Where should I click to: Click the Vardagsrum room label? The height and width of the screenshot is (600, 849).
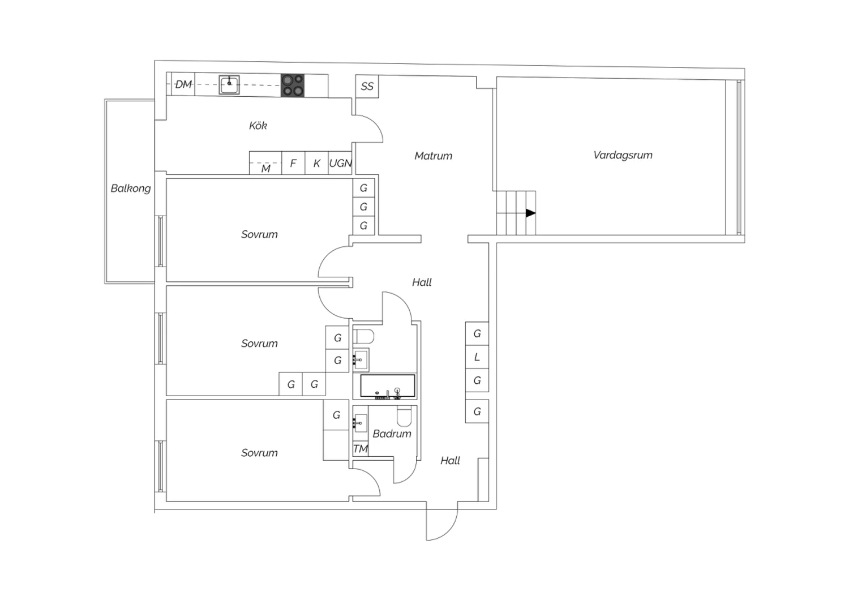[623, 155]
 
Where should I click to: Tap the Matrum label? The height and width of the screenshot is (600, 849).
[433, 156]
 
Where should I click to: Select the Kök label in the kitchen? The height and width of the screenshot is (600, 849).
[258, 126]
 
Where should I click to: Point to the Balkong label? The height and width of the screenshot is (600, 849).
[130, 188]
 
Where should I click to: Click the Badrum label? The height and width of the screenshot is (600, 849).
[392, 434]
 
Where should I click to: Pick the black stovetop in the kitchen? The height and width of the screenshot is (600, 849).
[292, 85]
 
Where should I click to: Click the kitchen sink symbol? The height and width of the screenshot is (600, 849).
[229, 84]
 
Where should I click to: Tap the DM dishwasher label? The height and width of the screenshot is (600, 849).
[183, 84]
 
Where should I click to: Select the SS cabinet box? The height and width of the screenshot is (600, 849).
[367, 87]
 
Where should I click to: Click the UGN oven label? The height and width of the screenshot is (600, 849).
[340, 164]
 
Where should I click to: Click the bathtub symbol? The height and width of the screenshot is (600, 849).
[387, 386]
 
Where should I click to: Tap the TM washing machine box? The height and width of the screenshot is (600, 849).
[361, 449]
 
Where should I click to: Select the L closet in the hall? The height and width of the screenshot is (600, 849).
[477, 357]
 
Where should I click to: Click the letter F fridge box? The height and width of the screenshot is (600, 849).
[293, 163]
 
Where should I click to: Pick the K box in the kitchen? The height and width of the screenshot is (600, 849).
[316, 163]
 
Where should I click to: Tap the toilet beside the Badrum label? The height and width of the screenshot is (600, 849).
[404, 417]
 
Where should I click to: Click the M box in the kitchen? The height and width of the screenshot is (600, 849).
[265, 163]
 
